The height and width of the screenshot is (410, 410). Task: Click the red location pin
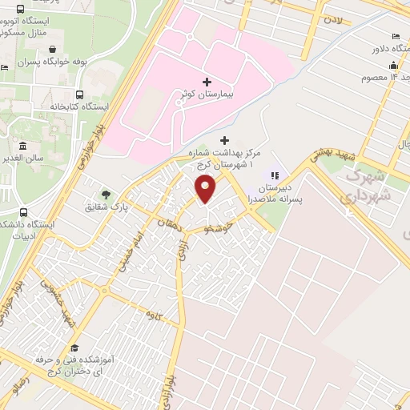pyautogui.click(x=206, y=190)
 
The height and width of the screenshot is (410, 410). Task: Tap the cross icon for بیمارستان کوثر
pyautogui.click(x=207, y=82)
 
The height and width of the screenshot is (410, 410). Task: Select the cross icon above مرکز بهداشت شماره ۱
pyautogui.click(x=223, y=141)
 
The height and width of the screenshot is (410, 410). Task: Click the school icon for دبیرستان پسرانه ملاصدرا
pyautogui.click(x=275, y=175)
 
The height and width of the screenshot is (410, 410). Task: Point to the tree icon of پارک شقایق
pyautogui.click(x=105, y=195)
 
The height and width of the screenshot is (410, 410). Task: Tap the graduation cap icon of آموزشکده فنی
pyautogui.click(x=74, y=348)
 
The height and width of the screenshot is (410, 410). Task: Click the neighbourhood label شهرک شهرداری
pyautogui.click(x=371, y=186)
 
